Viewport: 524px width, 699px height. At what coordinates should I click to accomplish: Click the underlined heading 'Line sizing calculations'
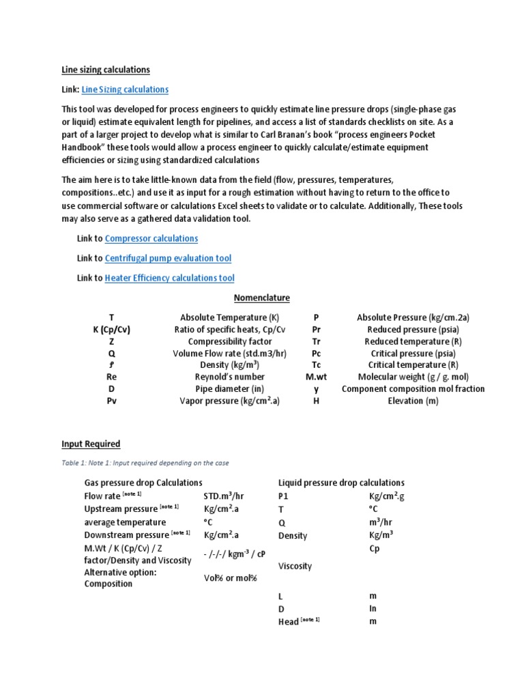click(x=106, y=70)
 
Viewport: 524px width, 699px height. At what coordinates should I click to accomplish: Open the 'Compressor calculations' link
click(x=151, y=238)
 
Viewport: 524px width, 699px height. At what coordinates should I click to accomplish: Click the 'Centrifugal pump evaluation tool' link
click(x=168, y=258)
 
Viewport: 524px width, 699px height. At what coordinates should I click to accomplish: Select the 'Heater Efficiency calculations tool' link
click(x=169, y=278)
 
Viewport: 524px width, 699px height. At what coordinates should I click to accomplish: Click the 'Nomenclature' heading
click(x=262, y=298)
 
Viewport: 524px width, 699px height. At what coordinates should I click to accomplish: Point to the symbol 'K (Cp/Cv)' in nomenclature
click(x=112, y=330)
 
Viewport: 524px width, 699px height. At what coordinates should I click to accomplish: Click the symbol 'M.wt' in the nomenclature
click(x=316, y=377)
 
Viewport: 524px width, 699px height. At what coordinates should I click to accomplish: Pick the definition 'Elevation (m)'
click(x=413, y=401)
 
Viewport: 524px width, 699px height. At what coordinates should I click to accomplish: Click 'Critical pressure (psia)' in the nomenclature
click(x=413, y=354)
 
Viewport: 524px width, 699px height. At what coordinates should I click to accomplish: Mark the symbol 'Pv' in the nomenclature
click(x=112, y=401)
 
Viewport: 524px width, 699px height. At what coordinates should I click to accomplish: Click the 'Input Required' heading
click(x=91, y=444)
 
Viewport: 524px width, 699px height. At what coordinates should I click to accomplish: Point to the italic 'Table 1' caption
click(x=145, y=463)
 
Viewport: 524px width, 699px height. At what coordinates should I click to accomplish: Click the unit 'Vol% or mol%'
click(x=230, y=578)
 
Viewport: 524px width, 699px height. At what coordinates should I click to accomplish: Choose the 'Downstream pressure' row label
click(x=126, y=534)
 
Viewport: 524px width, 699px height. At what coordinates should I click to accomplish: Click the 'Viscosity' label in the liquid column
click(x=295, y=566)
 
